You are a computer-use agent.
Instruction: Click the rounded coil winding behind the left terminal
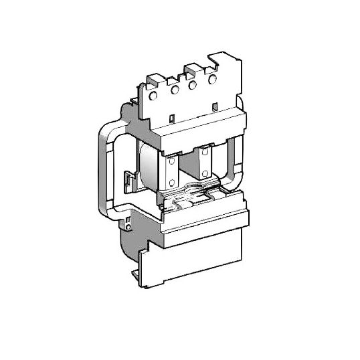tap(149, 167)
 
